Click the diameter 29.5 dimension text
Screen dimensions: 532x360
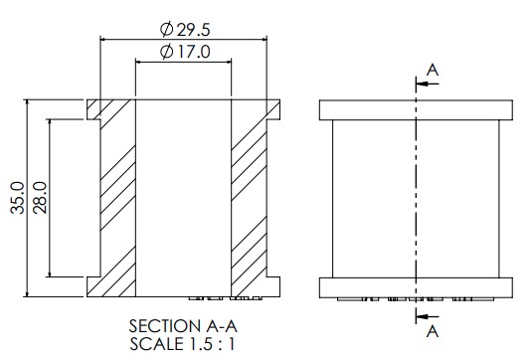[x=185, y=30]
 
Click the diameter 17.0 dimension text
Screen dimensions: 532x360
[x=185, y=52]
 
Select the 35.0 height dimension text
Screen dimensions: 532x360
[x=18, y=198]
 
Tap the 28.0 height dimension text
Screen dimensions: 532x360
[x=40, y=198]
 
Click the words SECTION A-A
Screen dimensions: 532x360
[x=183, y=326]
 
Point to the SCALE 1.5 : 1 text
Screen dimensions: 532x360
[x=182, y=344]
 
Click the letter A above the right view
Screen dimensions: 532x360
[x=433, y=71]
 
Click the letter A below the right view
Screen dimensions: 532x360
[x=433, y=331]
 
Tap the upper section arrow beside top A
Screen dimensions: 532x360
[x=428, y=84]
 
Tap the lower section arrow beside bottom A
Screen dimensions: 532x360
[x=428, y=317]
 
